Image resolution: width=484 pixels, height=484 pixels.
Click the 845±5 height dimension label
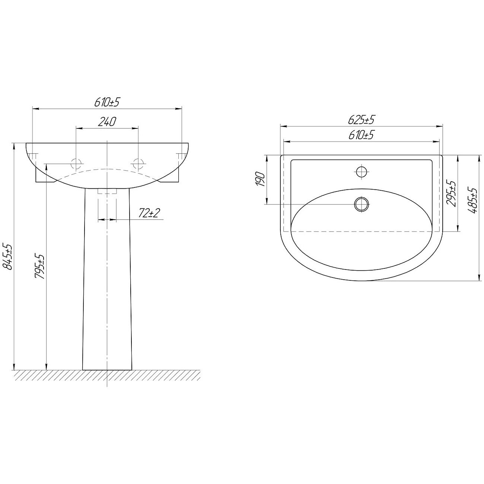9,256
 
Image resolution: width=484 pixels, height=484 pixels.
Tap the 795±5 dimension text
40,266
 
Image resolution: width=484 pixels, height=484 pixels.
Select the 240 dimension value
107,122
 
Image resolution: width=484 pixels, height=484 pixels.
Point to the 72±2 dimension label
149,213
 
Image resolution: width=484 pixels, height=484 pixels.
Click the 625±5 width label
361,120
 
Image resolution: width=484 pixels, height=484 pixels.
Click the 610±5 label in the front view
106,102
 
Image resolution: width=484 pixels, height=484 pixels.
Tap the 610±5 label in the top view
361,135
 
